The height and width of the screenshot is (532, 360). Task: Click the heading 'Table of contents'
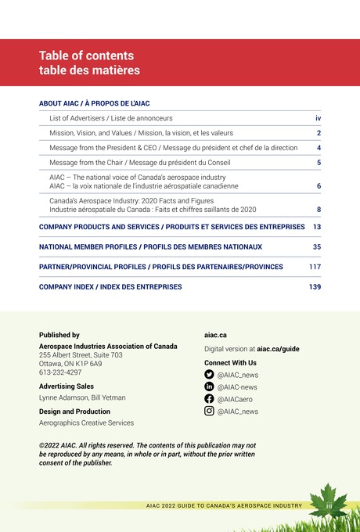pos(86,56)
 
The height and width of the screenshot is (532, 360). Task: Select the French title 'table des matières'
pos(89,70)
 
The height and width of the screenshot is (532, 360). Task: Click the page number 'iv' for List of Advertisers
pos(318,118)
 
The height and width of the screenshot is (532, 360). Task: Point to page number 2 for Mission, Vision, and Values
pos(319,133)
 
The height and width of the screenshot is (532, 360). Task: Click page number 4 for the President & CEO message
pos(319,148)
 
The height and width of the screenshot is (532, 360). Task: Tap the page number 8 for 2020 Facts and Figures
pos(319,210)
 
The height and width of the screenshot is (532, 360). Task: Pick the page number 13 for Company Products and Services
pos(316,227)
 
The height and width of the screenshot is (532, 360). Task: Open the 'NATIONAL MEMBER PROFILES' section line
pos(150,246)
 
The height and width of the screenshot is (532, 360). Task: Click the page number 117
pos(315,267)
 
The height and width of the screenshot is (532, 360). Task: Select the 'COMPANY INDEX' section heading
pos(110,287)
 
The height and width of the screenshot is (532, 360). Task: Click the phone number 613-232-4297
pos(60,372)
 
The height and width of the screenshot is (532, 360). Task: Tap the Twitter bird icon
pos(209,375)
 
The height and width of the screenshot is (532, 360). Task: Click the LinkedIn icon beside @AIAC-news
pos(209,386)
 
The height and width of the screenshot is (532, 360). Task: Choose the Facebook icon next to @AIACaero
pos(209,399)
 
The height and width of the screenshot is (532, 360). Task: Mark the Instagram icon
pos(209,411)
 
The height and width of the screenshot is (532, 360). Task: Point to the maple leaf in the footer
pos(329,501)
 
